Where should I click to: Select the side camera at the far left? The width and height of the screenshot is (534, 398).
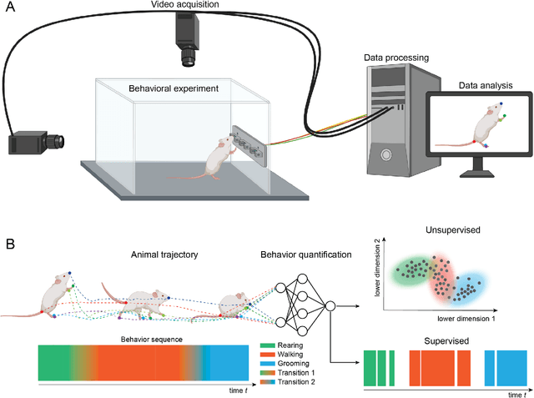[36, 143]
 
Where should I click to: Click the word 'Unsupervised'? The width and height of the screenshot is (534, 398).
[446, 227]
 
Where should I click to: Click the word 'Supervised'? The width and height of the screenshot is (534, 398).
[446, 340]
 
